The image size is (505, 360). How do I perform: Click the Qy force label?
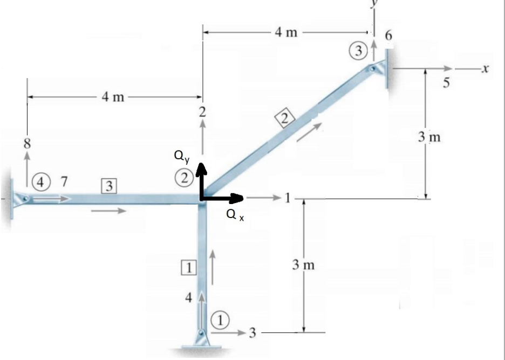pyautogui.click(x=181, y=156)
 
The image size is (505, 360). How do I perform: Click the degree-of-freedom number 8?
pyautogui.click(x=26, y=144)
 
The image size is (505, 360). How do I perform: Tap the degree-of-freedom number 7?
pyautogui.click(x=64, y=181)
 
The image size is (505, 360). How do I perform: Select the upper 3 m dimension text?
pyautogui.click(x=429, y=137)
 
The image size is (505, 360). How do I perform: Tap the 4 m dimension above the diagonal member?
pyautogui.click(x=286, y=32)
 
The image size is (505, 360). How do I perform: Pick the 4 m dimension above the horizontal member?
pyautogui.click(x=112, y=97)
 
